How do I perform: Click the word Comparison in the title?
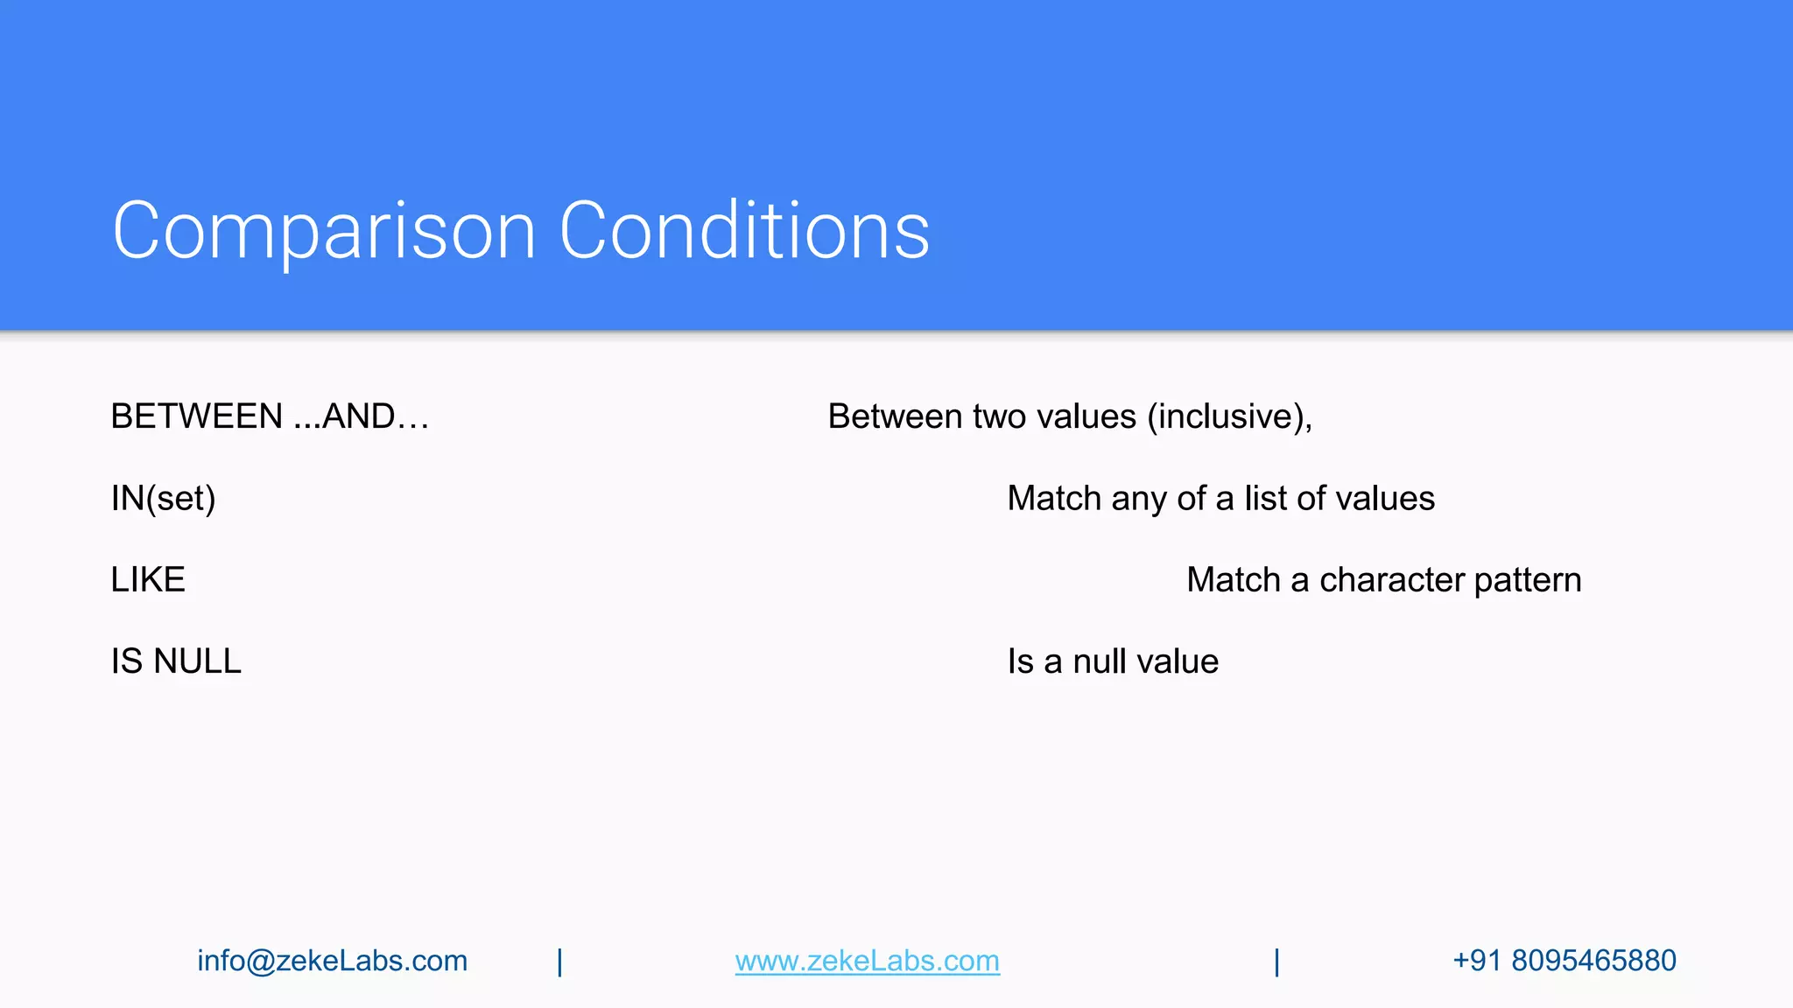[324, 231]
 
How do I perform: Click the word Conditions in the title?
[744, 231]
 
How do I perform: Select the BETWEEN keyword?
[197, 416]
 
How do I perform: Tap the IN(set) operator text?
[163, 499]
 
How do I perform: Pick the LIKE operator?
[148, 580]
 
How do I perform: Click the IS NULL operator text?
[176, 661]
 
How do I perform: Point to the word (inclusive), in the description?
[1229, 416]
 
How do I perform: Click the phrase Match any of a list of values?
[1220, 499]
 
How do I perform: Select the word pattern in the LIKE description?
[1528, 580]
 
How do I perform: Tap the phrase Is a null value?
[1113, 661]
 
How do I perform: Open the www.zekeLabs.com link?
[867, 961]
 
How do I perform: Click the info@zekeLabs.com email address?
[333, 961]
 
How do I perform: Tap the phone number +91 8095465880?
[1564, 961]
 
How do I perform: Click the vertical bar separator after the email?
[560, 962]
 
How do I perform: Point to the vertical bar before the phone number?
[1277, 962]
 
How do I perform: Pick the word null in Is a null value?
[1099, 661]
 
